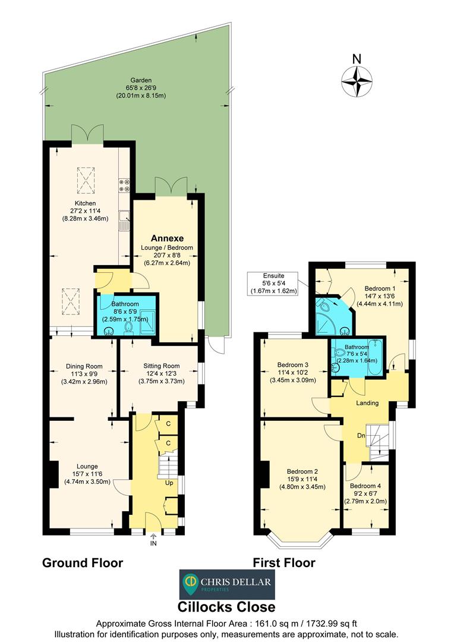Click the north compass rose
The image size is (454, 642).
pos(357,80)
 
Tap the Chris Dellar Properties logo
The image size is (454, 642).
pos(227,585)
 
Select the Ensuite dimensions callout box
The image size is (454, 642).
pos(274,283)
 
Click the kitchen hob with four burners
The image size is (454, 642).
pos(125,185)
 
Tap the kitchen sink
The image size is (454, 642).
pos(125,221)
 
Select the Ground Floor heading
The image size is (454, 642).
pos(83,562)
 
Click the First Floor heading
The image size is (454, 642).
pos(284,562)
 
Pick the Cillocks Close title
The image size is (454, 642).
pos(227,607)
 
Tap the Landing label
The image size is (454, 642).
pos(367,404)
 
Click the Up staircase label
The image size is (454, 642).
pos(169,483)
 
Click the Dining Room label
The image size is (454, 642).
pos(84,366)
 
